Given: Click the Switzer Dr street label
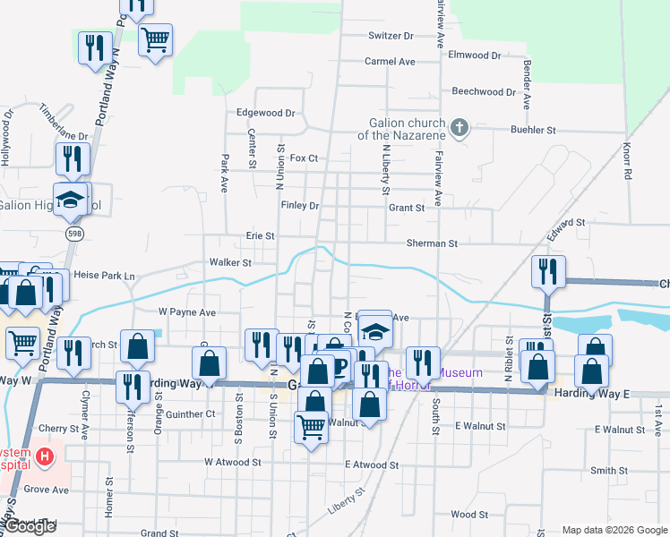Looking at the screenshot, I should tap(391, 36).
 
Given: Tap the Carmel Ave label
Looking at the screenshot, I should tap(390, 62).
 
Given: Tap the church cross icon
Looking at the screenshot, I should tap(459, 127).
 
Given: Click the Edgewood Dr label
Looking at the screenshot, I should tap(265, 114).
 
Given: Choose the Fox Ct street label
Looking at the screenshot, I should tap(304, 158).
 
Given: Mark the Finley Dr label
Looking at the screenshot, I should tap(300, 205).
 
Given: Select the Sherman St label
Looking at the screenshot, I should tap(432, 243).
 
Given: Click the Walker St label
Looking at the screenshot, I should tap(230, 263).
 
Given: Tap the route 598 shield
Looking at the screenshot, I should tap(73, 233).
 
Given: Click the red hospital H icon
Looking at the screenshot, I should tap(45, 458).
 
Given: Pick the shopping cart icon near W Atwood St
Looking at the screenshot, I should tap(311, 429).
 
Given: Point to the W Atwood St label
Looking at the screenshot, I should tap(232, 463).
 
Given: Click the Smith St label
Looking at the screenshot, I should tap(609, 470).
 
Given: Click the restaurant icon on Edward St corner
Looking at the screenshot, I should tap(547, 271).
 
